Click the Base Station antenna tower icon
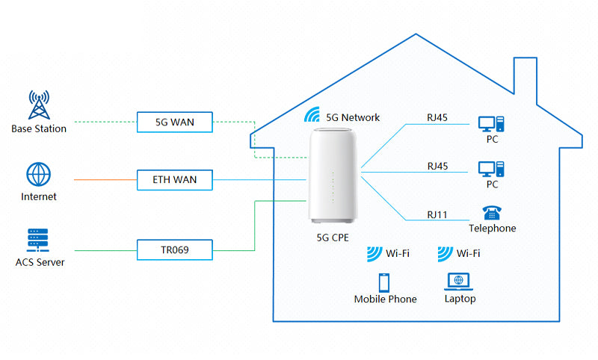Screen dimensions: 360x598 point(38,105)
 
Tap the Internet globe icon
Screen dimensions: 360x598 point(38,175)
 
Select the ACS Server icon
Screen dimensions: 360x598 point(38,240)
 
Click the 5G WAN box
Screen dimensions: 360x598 point(175,122)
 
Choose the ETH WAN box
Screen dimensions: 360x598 point(175,179)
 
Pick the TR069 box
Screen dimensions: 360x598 point(175,249)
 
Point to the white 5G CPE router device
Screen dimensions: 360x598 point(333,176)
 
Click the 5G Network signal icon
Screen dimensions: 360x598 point(314,116)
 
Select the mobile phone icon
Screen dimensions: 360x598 point(384,283)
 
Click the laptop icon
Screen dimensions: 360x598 point(458,282)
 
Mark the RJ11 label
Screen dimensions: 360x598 point(437,215)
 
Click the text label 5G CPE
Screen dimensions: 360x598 point(333,238)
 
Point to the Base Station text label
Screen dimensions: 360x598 point(39,128)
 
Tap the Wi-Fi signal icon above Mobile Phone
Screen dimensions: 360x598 point(375,254)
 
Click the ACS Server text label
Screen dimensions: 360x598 point(39,262)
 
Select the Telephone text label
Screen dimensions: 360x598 point(492,229)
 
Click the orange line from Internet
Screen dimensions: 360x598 point(105,180)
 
